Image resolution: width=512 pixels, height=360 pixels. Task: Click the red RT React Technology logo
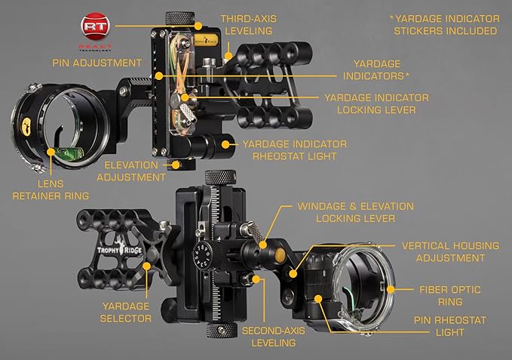[x=95, y=32]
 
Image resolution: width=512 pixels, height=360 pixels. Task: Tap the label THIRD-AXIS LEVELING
[x=249, y=25]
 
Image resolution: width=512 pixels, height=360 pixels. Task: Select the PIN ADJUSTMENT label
[x=97, y=63]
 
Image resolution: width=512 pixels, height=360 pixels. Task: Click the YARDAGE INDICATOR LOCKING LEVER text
[x=376, y=104]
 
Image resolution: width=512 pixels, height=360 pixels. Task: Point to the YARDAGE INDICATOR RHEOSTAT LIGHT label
[x=295, y=150]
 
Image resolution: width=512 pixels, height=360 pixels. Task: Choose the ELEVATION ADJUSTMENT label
[x=131, y=171]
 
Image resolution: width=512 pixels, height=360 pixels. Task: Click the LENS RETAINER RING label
[x=51, y=189]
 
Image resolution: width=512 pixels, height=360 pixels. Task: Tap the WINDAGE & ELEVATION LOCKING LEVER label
[x=356, y=212]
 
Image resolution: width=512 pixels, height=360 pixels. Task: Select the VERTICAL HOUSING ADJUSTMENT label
[x=451, y=252]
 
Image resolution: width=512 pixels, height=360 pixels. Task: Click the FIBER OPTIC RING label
[x=450, y=296]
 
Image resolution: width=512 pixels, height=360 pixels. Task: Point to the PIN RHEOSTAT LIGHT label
[x=450, y=326]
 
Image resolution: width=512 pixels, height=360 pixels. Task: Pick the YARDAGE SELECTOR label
[x=126, y=312]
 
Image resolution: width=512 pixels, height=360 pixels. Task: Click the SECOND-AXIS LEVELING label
[x=274, y=337]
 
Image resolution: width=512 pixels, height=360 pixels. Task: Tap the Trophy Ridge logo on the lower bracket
[x=119, y=249]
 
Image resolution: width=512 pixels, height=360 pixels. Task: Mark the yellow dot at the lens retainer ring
[x=51, y=152]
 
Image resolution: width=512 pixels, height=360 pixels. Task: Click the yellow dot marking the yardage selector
[x=146, y=266]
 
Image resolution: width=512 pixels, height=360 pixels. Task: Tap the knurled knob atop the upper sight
[x=180, y=18]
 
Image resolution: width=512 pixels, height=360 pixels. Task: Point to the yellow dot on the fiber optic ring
[x=390, y=290]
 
